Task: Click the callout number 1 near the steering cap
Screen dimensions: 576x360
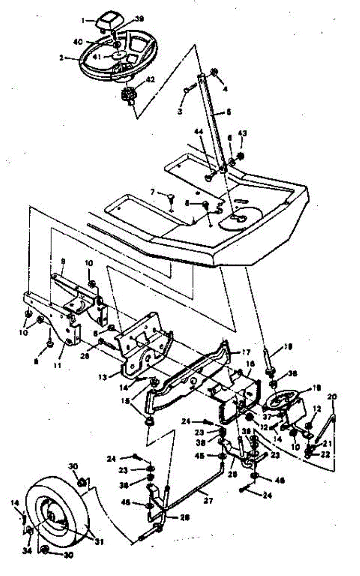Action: (83, 21)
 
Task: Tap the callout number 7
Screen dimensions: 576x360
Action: (153, 192)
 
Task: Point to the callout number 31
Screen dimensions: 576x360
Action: (99, 542)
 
